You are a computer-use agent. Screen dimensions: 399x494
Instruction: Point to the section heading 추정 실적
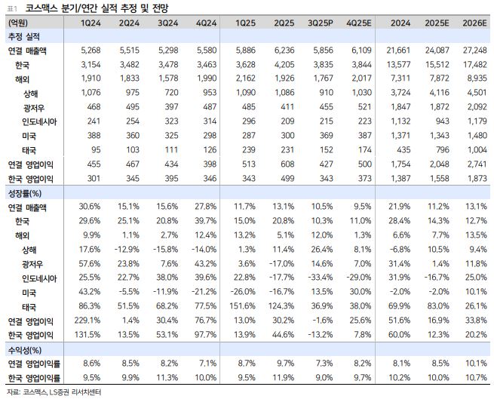pyautogui.click(x=25, y=36)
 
